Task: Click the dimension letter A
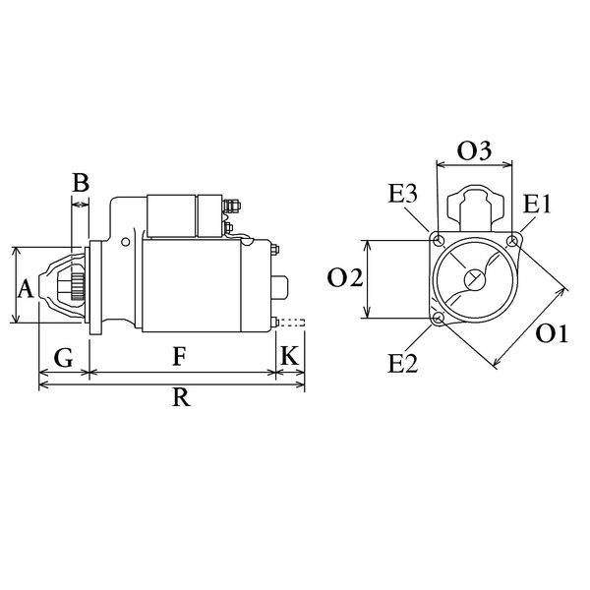(26, 289)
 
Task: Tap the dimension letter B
(81, 183)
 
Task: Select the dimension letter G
(63, 358)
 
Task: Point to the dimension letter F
(179, 357)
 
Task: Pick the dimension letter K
(290, 356)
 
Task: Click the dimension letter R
(181, 397)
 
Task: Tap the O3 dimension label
(474, 150)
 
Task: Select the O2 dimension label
(345, 278)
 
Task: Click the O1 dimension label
(552, 334)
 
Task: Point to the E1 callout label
(537, 206)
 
